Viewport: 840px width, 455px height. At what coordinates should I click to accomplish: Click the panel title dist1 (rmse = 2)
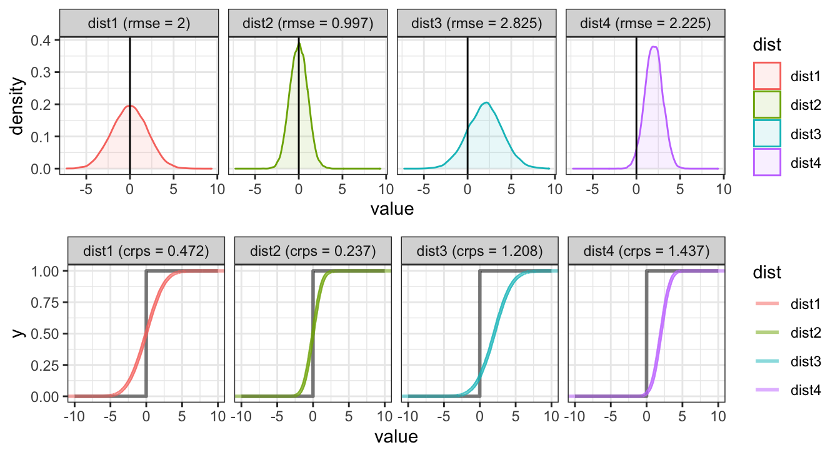pos(139,24)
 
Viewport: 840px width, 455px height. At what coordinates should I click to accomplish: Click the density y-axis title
pos(21,104)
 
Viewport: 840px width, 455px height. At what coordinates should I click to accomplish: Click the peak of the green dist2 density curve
pos(299,42)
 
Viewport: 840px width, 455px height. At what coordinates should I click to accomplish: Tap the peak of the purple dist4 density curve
pos(654,46)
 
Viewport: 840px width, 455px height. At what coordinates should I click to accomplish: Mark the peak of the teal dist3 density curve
pos(486,102)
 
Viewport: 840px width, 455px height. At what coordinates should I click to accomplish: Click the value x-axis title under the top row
pos(392,208)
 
